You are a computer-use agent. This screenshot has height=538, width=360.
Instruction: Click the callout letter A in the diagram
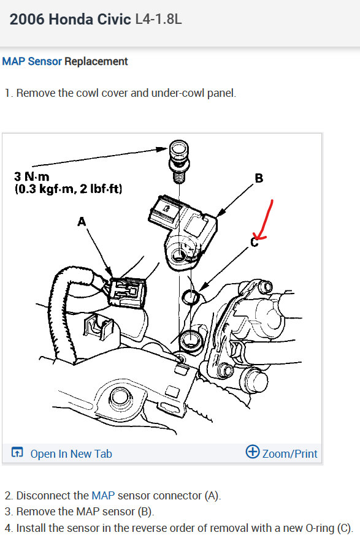click(x=82, y=222)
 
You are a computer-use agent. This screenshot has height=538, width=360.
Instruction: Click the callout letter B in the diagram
click(x=258, y=178)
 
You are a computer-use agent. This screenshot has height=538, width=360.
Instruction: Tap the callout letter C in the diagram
click(x=254, y=243)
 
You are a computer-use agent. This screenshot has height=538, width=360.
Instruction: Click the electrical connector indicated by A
click(x=128, y=290)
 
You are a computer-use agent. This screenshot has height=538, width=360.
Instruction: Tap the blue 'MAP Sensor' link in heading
click(x=32, y=61)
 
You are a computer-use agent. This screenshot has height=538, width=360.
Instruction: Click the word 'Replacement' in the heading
click(x=96, y=61)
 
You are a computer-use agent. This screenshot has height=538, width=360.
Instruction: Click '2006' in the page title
click(x=28, y=19)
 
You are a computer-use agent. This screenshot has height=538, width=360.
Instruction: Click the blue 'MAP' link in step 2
click(x=102, y=495)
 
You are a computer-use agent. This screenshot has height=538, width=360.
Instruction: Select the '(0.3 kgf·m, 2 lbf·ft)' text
click(x=68, y=189)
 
